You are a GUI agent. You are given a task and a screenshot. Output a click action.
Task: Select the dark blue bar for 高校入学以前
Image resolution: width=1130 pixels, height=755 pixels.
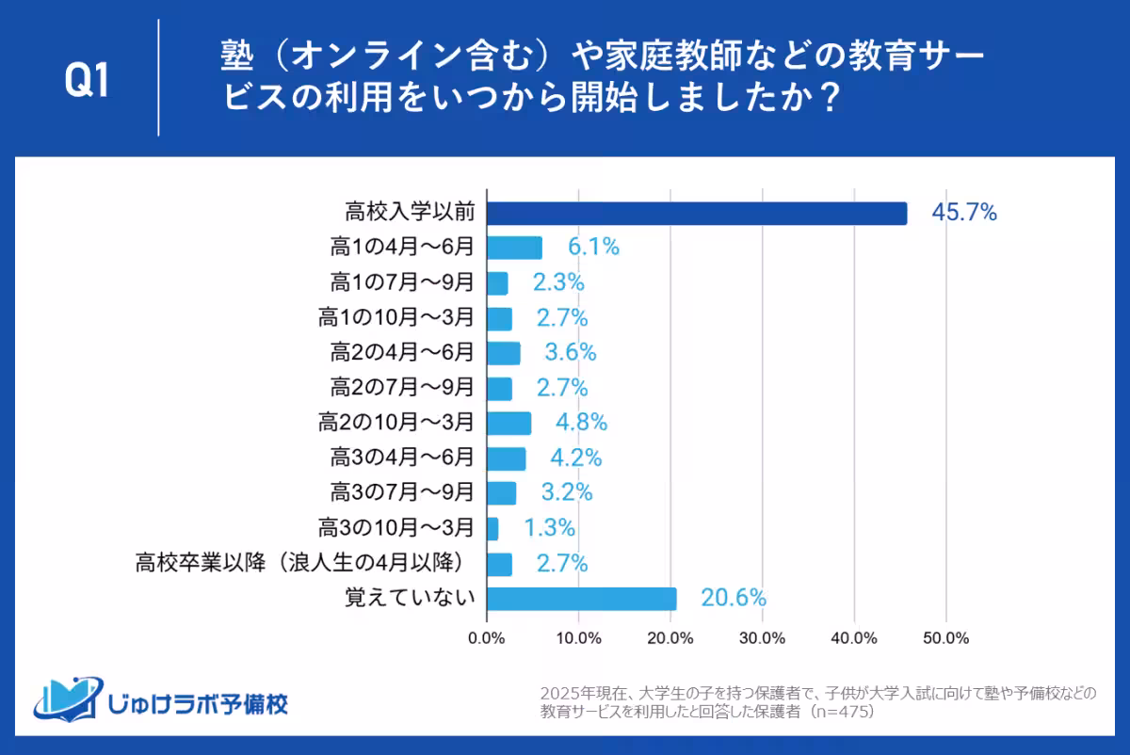[697, 214]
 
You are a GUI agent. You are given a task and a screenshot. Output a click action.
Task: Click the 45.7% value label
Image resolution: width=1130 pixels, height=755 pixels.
[963, 214]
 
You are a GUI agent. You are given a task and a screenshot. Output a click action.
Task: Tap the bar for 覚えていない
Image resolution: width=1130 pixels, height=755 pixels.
[582, 599]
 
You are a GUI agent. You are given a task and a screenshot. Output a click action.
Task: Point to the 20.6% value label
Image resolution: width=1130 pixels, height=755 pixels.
[733, 599]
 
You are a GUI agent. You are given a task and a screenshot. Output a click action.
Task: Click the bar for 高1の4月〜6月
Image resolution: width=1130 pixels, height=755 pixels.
[514, 249]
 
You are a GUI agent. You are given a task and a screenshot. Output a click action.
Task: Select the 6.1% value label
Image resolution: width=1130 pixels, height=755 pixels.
[592, 249]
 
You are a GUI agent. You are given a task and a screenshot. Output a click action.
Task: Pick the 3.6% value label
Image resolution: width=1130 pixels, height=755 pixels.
[571, 354]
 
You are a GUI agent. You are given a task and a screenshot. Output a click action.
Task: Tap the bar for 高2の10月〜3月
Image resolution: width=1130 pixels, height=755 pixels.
[508, 424]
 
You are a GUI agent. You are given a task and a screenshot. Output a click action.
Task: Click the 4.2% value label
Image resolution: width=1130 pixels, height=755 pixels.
[575, 458]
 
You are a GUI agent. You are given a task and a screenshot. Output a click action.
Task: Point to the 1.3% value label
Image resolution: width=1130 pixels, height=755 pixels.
[548, 528]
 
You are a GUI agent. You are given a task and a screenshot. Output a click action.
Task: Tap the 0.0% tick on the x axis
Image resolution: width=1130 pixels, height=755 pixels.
[487, 638]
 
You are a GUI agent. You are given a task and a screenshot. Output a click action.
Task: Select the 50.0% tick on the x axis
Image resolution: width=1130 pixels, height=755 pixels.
[945, 638]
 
